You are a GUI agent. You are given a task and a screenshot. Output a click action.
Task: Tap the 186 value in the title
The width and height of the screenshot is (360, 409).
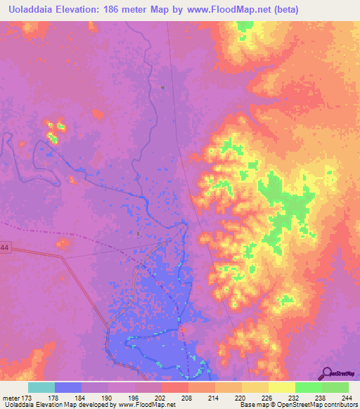[118, 9]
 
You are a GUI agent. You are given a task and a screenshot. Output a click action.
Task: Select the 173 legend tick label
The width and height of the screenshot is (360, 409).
[28, 398]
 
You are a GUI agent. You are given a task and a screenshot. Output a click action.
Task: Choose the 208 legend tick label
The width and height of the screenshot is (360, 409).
[187, 398]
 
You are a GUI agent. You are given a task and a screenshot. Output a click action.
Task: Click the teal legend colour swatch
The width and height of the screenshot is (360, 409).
[41, 387]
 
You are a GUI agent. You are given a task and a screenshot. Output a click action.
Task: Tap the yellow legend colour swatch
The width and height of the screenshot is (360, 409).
[282, 387]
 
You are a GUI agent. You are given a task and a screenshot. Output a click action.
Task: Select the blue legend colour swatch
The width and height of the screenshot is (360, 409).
[68, 387]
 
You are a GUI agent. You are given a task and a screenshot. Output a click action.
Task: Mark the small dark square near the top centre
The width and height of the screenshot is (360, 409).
[162, 87]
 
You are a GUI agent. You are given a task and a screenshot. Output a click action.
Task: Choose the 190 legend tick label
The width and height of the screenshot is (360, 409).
[108, 398]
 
